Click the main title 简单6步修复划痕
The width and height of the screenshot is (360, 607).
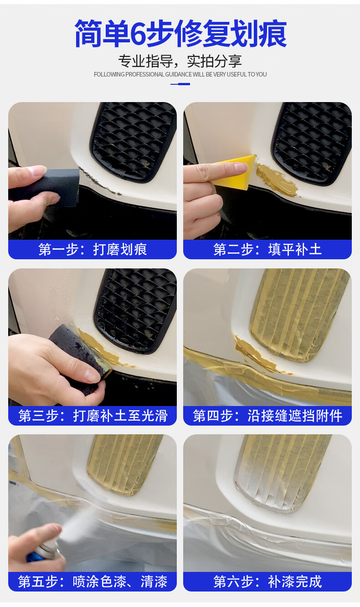[x=180, y=34]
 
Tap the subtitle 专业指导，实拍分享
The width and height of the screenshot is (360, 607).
[x=180, y=61]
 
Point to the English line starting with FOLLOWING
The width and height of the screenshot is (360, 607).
[x=180, y=74]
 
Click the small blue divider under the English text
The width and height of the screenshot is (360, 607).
[x=180, y=84]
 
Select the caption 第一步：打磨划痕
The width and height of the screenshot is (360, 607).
[x=93, y=249]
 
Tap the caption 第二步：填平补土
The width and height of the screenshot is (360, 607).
[x=267, y=249]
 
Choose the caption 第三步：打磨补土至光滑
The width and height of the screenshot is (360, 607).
[x=93, y=416]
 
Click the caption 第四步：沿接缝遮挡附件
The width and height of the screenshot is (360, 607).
[x=267, y=416]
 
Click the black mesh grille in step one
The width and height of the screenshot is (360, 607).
[x=133, y=142]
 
